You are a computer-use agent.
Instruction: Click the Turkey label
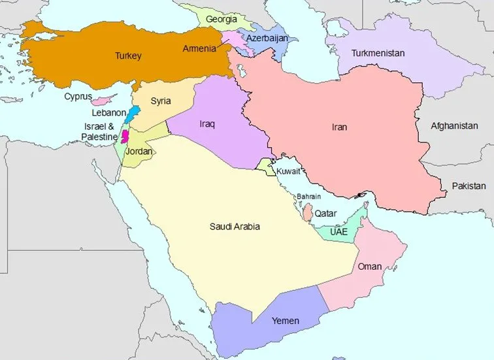pyautogui.click(x=128, y=56)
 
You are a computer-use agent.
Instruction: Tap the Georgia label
pyautogui.click(x=221, y=19)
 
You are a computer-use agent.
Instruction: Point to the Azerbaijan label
pyautogui.click(x=267, y=38)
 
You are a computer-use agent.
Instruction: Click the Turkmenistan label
pyautogui.click(x=378, y=52)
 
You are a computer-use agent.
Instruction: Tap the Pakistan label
pyautogui.click(x=469, y=186)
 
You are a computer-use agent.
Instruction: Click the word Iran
pyautogui.click(x=338, y=127)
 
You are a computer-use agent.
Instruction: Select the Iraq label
pyautogui.click(x=207, y=123)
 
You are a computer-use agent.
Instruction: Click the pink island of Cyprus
pyautogui.click(x=101, y=101)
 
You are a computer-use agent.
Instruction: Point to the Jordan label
pyautogui.click(x=139, y=152)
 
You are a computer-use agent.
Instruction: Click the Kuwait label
pyautogui.click(x=288, y=171)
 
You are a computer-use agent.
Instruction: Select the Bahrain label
pyautogui.click(x=308, y=196)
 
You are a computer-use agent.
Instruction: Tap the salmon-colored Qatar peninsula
pyautogui.click(x=307, y=213)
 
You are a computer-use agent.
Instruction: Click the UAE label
pyautogui.click(x=338, y=232)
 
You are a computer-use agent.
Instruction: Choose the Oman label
pyautogui.click(x=369, y=267)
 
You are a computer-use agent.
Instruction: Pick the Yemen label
pyautogui.click(x=285, y=320)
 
